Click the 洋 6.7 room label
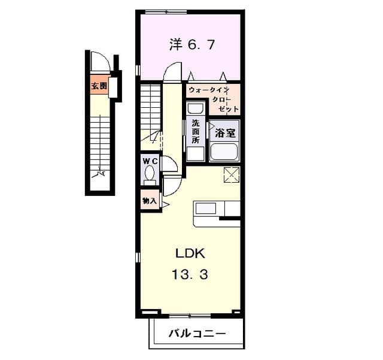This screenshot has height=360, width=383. coord(191,45)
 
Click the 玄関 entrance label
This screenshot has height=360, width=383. coord(99,86)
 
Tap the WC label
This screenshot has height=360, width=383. coord(150,161)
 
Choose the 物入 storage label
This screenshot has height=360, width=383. coord(150,200)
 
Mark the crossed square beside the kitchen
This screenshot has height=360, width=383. coord(232,176)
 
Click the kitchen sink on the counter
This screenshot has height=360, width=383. coord(207,209)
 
